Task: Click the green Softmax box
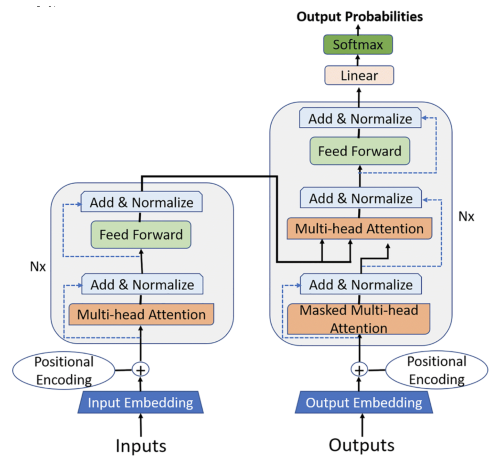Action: pos(358,44)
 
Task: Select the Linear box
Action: pos(359,75)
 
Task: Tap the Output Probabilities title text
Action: pos(360,17)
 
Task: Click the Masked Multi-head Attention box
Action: pos(359,319)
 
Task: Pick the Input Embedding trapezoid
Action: pos(141,402)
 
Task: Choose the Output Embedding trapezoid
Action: pos(364,402)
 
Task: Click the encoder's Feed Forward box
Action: pos(141,235)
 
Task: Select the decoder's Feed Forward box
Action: pos(360,151)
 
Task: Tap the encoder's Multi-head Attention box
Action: pos(141,314)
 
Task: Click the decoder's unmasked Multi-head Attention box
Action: pos(359,228)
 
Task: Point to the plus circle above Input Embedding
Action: pos(141,370)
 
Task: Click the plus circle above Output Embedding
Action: pos(359,370)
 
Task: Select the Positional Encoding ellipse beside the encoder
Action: pos(64,370)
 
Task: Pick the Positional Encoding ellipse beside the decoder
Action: pos(437,370)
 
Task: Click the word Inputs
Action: pos(141,446)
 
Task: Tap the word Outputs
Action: pos(362,445)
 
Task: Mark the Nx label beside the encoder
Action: pos(38,266)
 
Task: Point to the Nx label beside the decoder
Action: pos(466,217)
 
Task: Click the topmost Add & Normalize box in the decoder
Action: pos(360,118)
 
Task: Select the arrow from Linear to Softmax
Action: pos(358,60)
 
